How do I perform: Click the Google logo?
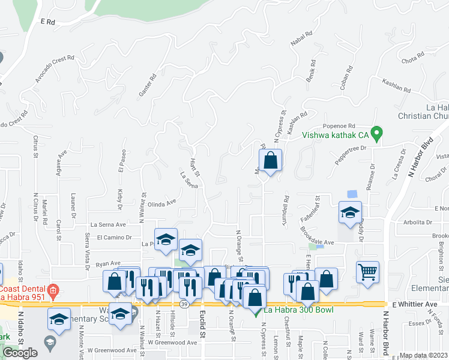[20, 353]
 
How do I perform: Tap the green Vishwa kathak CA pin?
[377, 134]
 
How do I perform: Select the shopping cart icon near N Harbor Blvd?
[367, 271]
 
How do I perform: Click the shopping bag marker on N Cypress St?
[271, 161]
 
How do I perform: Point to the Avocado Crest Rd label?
[54, 69]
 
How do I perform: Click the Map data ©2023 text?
[423, 355]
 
